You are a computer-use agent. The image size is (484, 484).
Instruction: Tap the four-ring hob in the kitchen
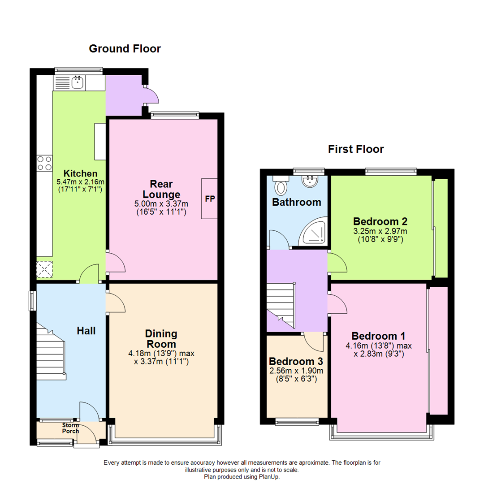tap(44, 163)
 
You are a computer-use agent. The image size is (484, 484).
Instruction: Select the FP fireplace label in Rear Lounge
tap(209, 199)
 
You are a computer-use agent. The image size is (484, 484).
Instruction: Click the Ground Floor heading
tap(125, 48)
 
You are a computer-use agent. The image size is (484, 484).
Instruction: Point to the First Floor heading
tap(356, 149)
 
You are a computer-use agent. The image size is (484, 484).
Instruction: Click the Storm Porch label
tap(70, 428)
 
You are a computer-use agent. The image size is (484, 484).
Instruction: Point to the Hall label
tap(86, 331)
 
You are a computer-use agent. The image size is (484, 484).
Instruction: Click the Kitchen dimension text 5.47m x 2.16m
tap(80, 182)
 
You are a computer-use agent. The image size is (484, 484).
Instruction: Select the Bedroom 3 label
tap(296, 361)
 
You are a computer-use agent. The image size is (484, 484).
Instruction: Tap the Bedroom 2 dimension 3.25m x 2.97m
tap(380, 231)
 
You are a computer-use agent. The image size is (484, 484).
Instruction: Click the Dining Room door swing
tap(116, 303)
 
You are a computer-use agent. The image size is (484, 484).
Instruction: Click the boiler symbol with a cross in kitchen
tap(45, 269)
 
